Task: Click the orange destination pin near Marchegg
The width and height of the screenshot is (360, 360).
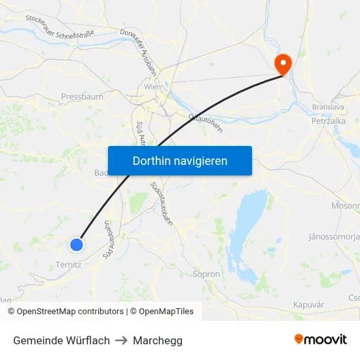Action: click(283, 63)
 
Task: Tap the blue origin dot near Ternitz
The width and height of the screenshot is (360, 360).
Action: click(77, 245)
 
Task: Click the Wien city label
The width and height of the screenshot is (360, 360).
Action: click(152, 86)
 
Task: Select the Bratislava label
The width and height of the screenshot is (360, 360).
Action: click(327, 106)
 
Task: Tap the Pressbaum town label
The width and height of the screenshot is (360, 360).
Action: click(82, 97)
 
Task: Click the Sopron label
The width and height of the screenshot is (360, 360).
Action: click(206, 274)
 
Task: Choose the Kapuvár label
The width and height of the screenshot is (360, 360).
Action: click(309, 305)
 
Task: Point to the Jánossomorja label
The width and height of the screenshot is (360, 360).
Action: click(334, 236)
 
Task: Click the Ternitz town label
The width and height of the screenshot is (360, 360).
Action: click(68, 265)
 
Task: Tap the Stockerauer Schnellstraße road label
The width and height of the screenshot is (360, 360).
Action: click(60, 26)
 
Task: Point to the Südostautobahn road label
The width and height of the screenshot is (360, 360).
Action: click(162, 203)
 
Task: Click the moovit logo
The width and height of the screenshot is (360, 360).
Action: click(320, 340)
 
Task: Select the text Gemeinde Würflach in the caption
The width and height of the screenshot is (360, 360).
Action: click(62, 340)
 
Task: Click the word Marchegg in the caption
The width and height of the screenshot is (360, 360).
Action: click(157, 340)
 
